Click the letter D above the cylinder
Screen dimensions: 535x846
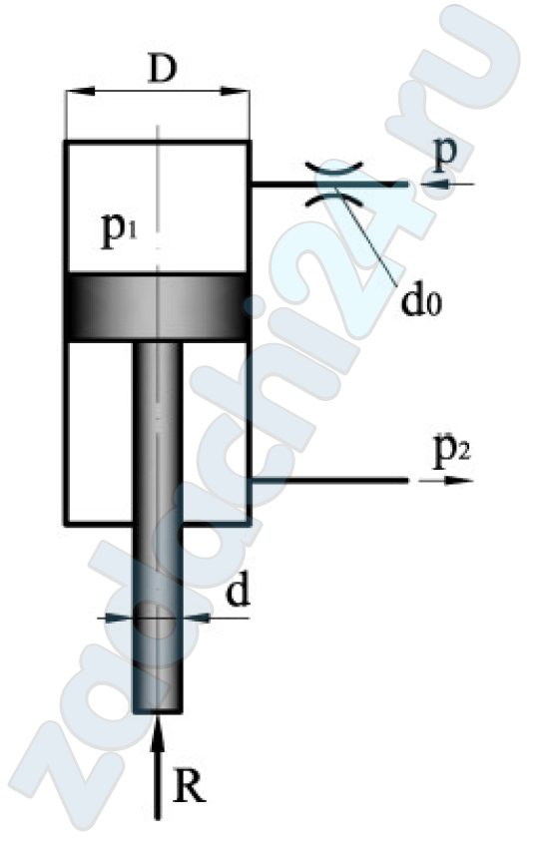(163, 69)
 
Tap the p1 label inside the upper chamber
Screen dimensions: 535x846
(120, 232)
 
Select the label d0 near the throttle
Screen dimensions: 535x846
(421, 301)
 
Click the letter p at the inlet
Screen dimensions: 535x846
(445, 155)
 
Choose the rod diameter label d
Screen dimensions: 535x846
(238, 592)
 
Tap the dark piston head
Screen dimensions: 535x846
(157, 307)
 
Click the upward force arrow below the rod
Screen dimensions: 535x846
(157, 767)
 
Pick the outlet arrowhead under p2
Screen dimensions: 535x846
(458, 480)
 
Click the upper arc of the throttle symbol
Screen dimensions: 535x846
(334, 168)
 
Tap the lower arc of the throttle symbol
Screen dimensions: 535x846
(334, 200)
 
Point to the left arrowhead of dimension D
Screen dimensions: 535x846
(80, 92)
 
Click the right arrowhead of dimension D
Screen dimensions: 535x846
(235, 92)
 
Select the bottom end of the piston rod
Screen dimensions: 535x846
(157, 711)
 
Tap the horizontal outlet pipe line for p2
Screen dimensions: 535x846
(329, 480)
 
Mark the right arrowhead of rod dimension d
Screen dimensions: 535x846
(196, 618)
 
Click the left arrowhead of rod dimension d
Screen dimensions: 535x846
(119, 618)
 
